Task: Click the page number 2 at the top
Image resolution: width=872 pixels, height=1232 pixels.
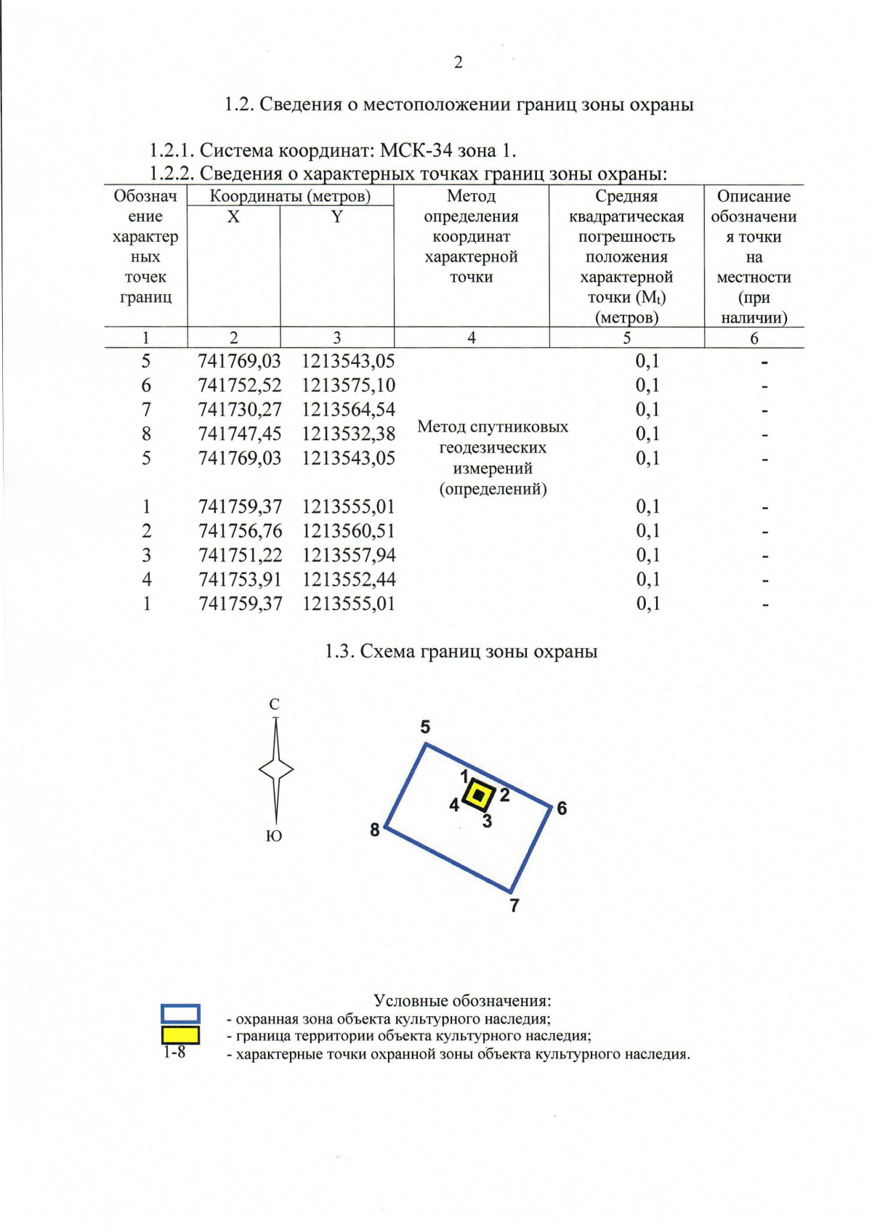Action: coord(458,63)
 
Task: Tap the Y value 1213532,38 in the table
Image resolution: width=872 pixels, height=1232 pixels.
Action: coord(348,434)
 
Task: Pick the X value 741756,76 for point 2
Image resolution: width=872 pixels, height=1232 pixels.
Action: coord(240,531)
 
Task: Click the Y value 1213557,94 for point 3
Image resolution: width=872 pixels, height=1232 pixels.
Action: coord(349,555)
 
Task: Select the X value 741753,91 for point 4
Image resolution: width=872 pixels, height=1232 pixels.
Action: coord(240,580)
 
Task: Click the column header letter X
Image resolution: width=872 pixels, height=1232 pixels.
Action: coord(233,216)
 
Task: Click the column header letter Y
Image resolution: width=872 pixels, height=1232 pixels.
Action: coord(336,216)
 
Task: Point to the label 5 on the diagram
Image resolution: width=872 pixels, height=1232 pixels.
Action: coord(425,726)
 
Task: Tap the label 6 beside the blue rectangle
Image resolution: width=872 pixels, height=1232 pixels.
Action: coord(562,808)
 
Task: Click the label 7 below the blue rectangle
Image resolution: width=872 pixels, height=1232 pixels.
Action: coord(514,905)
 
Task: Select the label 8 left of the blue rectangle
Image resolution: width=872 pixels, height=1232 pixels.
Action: coord(375,830)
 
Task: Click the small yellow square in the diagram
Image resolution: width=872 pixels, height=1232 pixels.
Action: coord(479,795)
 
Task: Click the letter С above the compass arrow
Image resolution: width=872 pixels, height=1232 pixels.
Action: coord(274,704)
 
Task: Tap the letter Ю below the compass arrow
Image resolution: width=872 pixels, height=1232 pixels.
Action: coord(273,836)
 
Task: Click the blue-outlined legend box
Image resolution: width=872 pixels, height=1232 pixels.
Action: coord(180,1014)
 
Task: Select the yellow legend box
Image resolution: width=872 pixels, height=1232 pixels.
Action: coord(180,1034)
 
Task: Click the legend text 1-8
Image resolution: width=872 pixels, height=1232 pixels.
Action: coord(174,1053)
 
